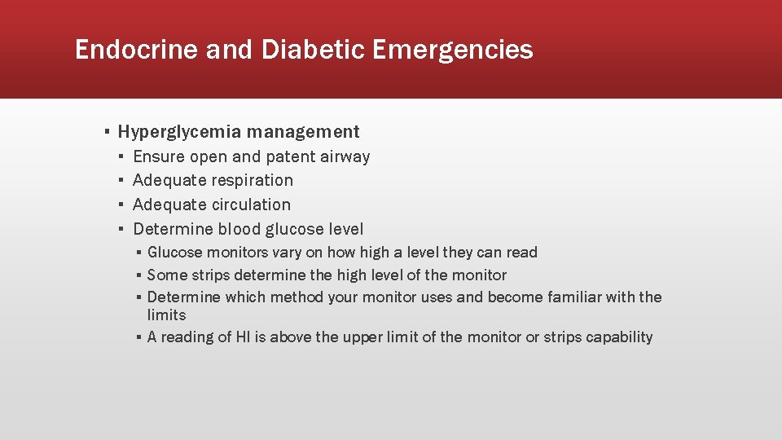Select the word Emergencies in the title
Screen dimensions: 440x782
[454, 51]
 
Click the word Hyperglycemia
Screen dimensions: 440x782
[180, 132]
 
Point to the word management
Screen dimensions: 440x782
[303, 132]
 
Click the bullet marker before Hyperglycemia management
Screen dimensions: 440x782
[107, 132]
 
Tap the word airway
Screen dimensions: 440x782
[346, 156]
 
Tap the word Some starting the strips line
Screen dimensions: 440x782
[166, 275]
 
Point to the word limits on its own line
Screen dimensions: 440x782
[166, 315]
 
